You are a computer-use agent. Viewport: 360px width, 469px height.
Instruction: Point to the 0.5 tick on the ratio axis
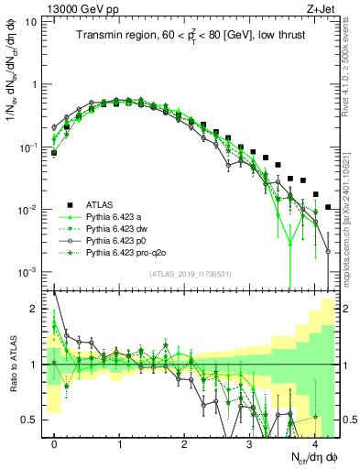click(x=32, y=420)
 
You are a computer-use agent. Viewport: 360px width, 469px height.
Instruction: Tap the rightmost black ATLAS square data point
click(x=328, y=208)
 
